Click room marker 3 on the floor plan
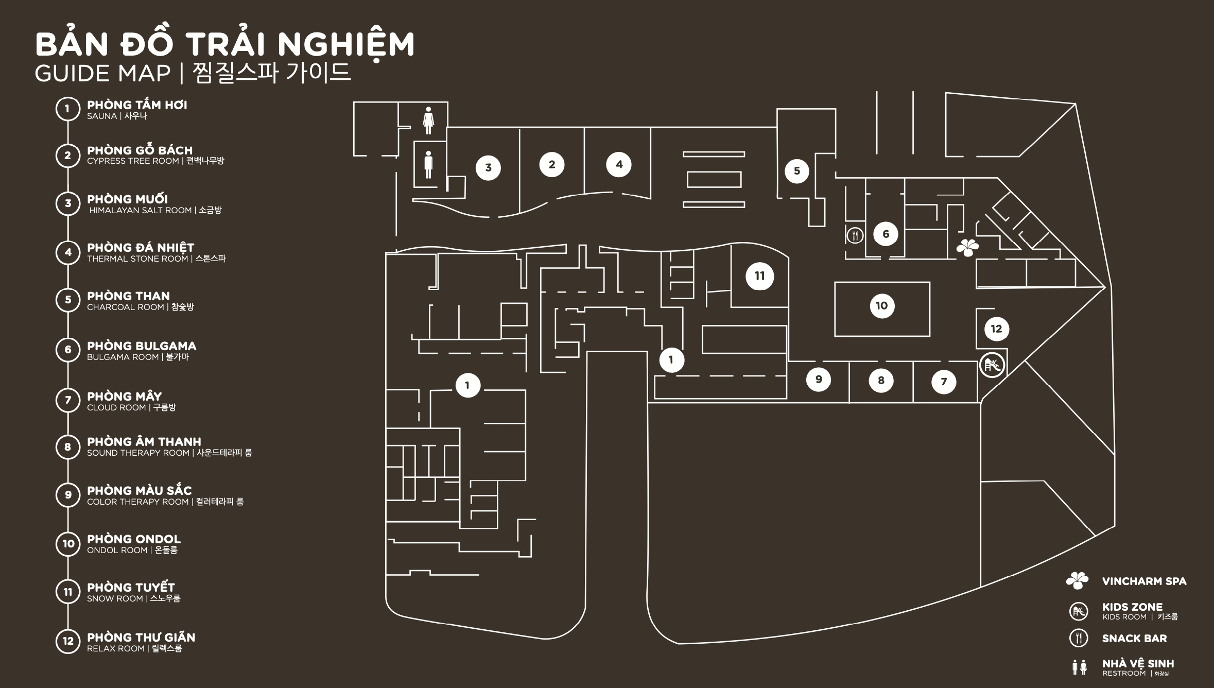(x=488, y=167)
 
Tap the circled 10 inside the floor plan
(x=882, y=306)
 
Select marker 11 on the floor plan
(x=759, y=276)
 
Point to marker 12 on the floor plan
(x=996, y=329)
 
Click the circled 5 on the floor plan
(x=797, y=171)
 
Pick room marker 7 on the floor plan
(x=944, y=382)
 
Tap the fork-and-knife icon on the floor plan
(x=855, y=235)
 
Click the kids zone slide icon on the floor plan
(x=992, y=366)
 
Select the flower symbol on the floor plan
(x=968, y=248)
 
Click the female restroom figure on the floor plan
(x=428, y=121)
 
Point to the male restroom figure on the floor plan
(x=428, y=165)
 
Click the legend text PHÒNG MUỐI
(x=127, y=199)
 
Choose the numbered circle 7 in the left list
(x=68, y=400)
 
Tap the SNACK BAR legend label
(x=1134, y=639)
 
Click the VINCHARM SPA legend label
(x=1144, y=581)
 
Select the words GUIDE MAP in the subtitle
(x=102, y=74)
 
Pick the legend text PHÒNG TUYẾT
(x=131, y=588)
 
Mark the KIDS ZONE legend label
(x=1132, y=607)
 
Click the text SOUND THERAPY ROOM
(x=138, y=453)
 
